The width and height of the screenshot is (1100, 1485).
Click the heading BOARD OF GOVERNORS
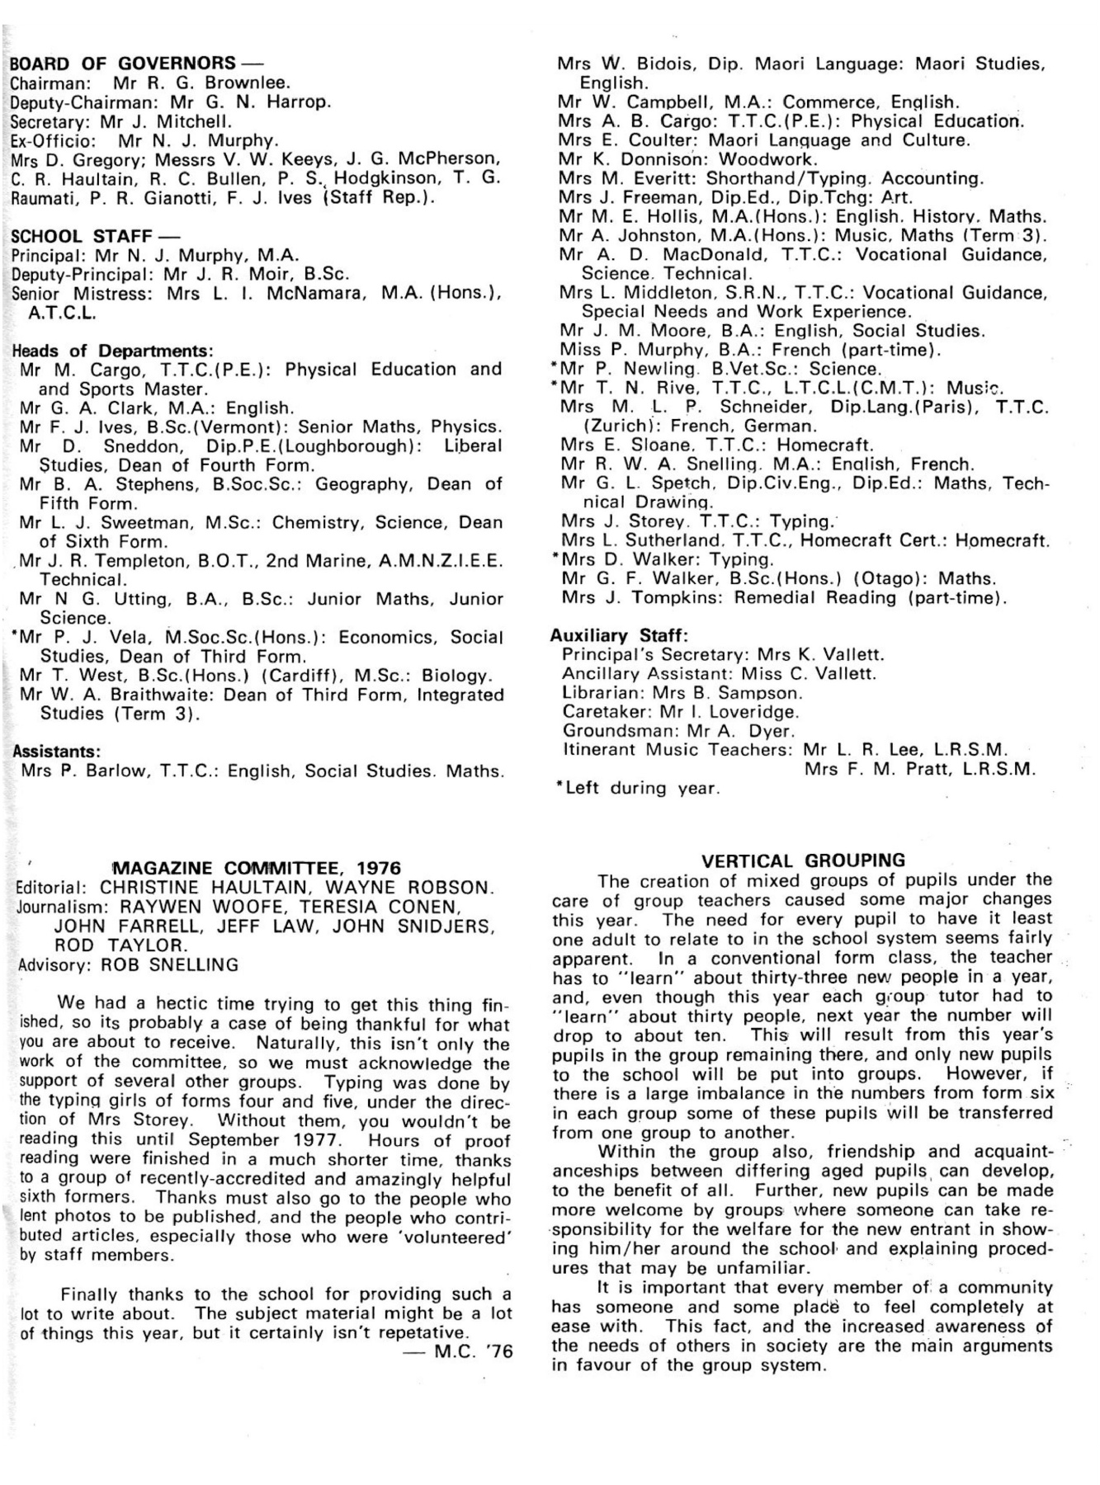113,64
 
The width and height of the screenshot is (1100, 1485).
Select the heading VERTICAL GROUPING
802,860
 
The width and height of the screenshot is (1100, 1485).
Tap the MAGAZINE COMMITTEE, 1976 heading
256,868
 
